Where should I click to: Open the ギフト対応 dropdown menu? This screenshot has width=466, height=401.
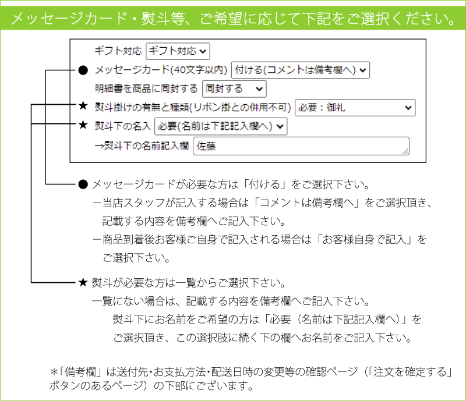178,51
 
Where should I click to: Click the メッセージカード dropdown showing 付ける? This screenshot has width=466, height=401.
300,70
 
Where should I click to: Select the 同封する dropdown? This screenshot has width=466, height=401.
234,89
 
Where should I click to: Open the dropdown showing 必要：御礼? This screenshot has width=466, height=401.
355,108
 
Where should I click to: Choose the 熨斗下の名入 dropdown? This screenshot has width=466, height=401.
221,126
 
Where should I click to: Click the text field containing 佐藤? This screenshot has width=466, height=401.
301,146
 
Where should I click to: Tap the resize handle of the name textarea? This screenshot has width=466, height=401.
405,151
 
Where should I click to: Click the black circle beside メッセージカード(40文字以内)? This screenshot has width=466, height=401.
83,70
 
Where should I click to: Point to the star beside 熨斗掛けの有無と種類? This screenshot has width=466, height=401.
83,105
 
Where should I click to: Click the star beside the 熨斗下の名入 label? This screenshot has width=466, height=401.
83,125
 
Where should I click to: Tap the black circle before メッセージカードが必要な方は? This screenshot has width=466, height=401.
83,184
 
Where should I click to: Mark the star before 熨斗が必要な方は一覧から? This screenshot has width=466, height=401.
83,282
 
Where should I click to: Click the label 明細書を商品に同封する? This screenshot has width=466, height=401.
146,88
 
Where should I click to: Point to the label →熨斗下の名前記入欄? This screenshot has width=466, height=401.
142,146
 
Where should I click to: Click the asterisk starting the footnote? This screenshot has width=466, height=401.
54,371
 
